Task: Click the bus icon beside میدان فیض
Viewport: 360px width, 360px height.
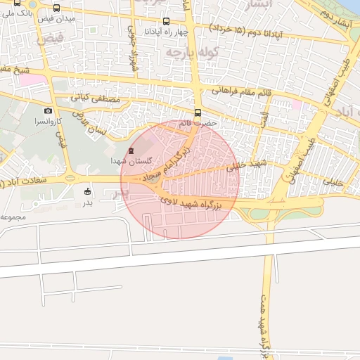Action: coord(56,8)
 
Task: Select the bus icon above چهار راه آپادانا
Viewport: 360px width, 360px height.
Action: coord(166,21)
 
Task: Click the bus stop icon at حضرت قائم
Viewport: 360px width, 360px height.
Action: coord(198,112)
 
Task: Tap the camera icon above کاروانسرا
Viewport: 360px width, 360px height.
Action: coord(49,110)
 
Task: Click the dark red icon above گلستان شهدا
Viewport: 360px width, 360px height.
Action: coord(129,150)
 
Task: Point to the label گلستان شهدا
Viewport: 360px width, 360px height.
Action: coord(127,161)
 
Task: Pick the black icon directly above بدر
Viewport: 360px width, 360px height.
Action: coord(87,191)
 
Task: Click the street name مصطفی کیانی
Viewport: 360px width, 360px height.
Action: coord(96,101)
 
